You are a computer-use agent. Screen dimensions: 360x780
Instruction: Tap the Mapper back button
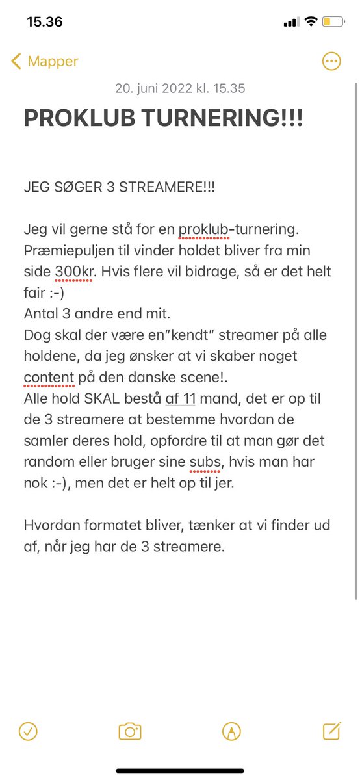tap(44, 62)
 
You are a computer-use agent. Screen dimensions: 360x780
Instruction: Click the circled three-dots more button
tap(331, 62)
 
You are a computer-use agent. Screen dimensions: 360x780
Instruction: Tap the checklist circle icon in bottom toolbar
tap(28, 731)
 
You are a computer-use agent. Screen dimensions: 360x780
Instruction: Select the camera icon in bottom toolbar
tap(130, 731)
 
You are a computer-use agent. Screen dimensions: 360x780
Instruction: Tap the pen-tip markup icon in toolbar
tap(230, 731)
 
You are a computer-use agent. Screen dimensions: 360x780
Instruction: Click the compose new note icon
tap(331, 731)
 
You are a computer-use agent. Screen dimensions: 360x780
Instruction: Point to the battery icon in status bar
tap(333, 22)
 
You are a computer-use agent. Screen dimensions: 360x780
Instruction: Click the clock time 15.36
tap(45, 22)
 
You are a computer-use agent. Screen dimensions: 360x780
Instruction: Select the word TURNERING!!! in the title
tap(221, 118)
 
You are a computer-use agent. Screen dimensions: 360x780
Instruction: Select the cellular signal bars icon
tap(290, 22)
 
